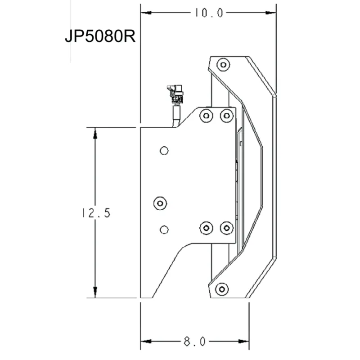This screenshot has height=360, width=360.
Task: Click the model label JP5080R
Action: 100,36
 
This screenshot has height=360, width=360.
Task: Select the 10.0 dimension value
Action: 208,13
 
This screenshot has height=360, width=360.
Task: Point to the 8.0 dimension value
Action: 194,342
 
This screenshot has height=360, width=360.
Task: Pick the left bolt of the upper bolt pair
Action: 206,116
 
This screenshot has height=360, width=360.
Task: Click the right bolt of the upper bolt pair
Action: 226,116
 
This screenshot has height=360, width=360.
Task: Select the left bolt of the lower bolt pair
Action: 206,228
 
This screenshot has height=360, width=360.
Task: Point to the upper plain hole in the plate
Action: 164,150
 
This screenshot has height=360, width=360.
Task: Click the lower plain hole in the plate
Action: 164,230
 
